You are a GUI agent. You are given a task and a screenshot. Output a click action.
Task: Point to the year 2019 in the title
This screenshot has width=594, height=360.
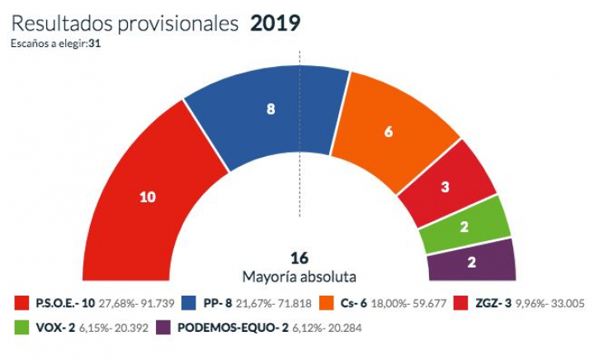(275, 23)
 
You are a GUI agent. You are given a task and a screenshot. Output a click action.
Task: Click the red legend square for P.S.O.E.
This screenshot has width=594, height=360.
(19, 304)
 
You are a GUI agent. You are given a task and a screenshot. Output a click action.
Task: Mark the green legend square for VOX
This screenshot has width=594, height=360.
(19, 328)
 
